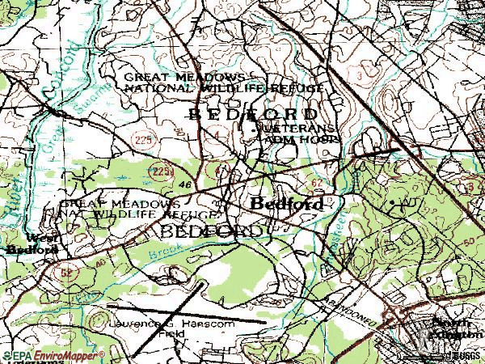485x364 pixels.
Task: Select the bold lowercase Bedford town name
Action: click(x=288, y=204)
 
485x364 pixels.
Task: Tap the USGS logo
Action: click(x=467, y=355)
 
